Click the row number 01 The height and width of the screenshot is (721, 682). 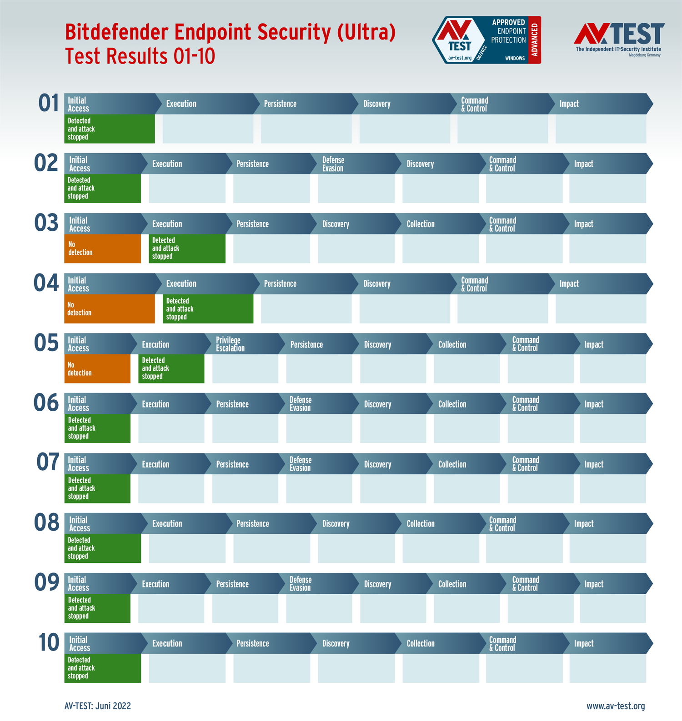tap(49, 103)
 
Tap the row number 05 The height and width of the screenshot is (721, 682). tap(46, 343)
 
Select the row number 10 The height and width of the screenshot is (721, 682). tap(48, 643)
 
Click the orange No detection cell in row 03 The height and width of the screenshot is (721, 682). tap(102, 249)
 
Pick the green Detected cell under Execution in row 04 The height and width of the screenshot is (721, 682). tap(208, 309)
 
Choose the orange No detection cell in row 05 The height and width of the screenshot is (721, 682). tap(97, 368)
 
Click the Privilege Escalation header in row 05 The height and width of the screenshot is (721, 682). tap(230, 344)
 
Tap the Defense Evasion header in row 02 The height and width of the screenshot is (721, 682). tap(333, 164)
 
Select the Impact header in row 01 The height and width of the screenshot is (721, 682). tap(569, 104)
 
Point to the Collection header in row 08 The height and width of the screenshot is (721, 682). tap(421, 524)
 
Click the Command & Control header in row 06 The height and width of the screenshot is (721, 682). tap(526, 404)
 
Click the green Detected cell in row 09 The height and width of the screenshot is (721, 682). tap(97, 608)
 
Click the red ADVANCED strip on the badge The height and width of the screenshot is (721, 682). tap(535, 40)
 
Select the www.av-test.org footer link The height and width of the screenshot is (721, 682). tap(616, 706)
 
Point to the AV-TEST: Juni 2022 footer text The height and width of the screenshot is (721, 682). tap(98, 706)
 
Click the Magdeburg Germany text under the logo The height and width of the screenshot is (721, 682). tap(645, 55)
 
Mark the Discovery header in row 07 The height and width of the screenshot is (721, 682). tap(377, 464)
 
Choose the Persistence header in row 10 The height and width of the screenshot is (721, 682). tap(253, 644)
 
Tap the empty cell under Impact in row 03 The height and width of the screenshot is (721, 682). tap(607, 249)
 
